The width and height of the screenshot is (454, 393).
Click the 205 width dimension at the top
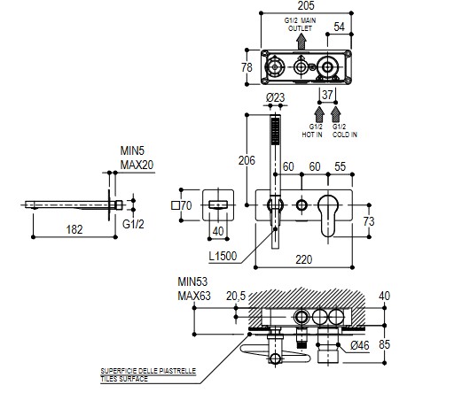pyautogui.click(x=306, y=5)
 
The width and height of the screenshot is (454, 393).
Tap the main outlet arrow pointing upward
pyautogui.click(x=301, y=42)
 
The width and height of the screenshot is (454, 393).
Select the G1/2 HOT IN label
pyautogui.click(x=312, y=131)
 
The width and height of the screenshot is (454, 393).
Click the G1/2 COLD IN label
pyautogui.click(x=345, y=131)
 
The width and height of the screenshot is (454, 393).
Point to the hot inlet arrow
pyautogui.click(x=319, y=114)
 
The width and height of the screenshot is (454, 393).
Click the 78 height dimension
pyautogui.click(x=247, y=67)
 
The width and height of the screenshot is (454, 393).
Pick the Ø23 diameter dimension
pyautogui.click(x=275, y=97)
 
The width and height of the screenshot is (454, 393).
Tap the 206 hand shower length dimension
pyautogui.click(x=247, y=160)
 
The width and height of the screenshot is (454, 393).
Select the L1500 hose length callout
pyautogui.click(x=223, y=256)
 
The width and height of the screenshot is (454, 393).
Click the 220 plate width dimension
pyautogui.click(x=304, y=259)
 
